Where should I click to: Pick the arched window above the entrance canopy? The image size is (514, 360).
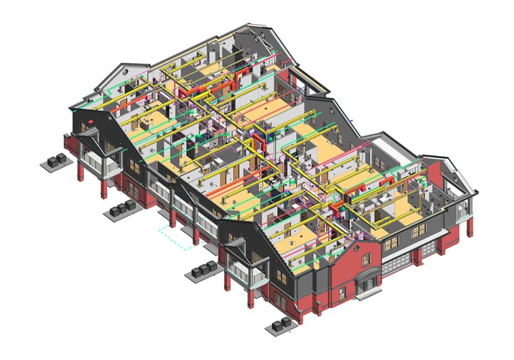pyautogui.click(x=362, y=256)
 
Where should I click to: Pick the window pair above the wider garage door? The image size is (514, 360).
pyautogui.click(x=390, y=243)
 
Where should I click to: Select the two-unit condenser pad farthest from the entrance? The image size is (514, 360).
pyautogui.click(x=56, y=160)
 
